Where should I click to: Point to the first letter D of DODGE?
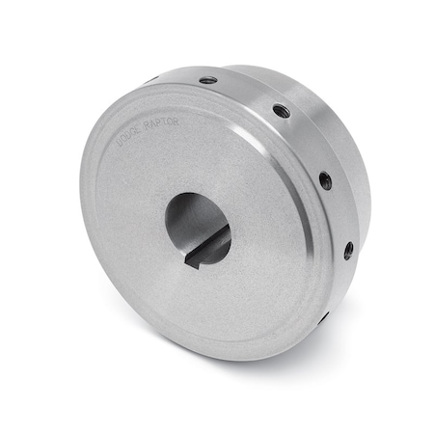point(119,141)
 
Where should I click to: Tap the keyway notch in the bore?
point(206,252)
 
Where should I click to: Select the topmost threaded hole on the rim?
point(208,80)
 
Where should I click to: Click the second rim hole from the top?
point(281,111)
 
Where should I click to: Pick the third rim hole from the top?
point(325,179)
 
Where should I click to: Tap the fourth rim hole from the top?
point(348,250)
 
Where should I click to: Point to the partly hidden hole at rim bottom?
point(325,315)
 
